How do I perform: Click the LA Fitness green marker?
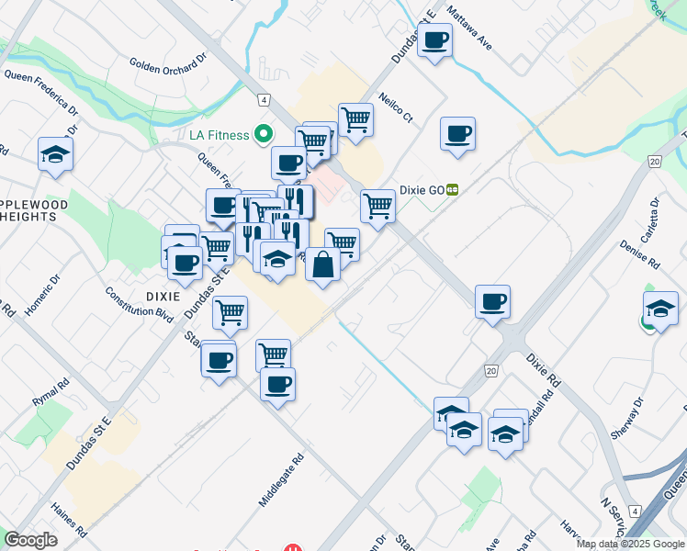tap(264, 135)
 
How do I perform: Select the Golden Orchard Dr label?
tap(169, 67)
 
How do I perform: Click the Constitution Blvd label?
tap(140, 302)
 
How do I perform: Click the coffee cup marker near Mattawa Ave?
tap(435, 40)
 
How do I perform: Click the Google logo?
tap(30, 540)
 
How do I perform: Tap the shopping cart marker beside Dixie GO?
tap(377, 207)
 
